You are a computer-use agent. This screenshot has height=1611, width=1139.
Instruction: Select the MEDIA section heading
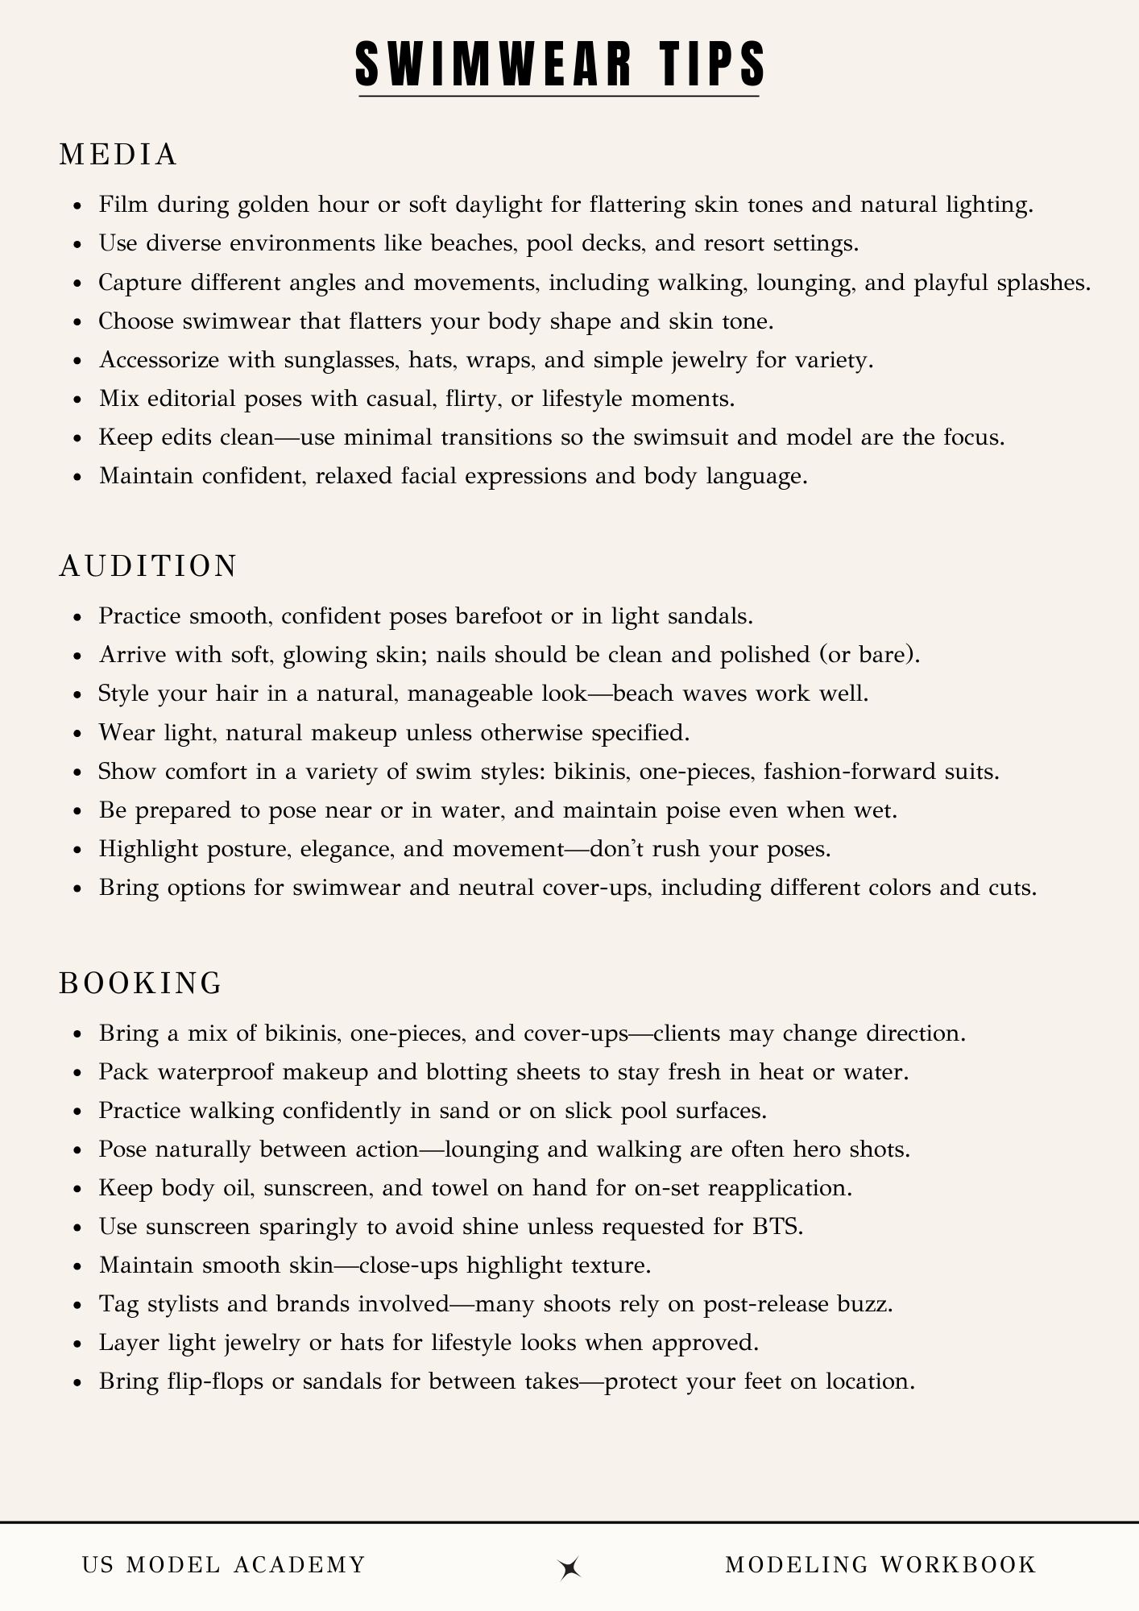118,155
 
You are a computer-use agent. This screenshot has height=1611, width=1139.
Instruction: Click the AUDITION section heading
149,566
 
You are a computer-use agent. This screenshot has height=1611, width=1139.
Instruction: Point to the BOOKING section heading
141,984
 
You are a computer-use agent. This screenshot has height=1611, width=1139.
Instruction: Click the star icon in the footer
570,1567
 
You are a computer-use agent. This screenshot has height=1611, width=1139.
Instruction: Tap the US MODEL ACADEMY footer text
224,1565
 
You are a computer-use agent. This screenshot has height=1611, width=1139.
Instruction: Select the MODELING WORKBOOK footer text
880,1565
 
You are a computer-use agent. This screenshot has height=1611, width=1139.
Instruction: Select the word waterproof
218,1073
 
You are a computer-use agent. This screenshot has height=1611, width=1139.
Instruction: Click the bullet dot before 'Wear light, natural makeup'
77,734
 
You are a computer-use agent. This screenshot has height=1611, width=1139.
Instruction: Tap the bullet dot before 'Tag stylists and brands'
77,1305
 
